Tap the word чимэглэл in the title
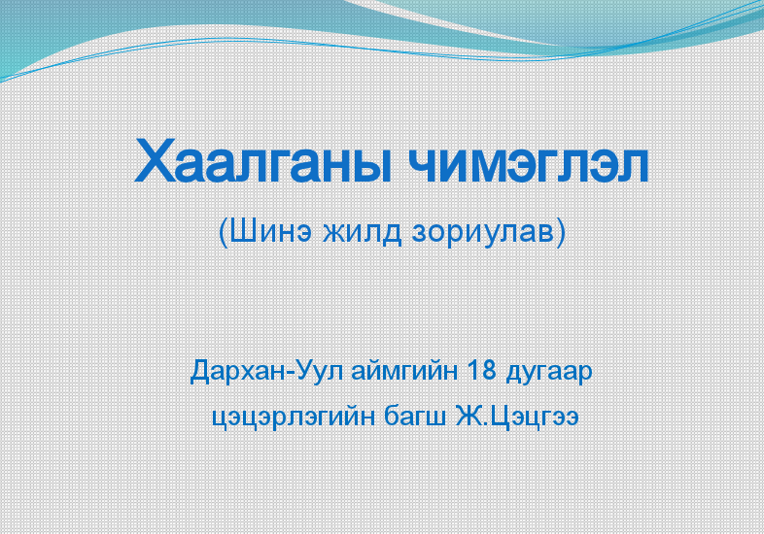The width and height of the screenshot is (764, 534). pos(529,164)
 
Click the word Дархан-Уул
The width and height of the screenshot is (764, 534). pos(266,372)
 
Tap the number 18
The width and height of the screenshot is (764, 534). pos(482,371)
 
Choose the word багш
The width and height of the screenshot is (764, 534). pos(415,418)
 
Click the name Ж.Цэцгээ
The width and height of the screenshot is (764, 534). pos(517,417)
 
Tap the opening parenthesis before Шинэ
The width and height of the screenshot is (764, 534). pos(224,233)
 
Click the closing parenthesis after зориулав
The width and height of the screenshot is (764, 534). pos(561,233)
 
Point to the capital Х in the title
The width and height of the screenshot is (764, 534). pos(155,160)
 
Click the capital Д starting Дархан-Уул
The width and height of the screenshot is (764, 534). pos(200,373)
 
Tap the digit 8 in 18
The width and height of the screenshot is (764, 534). pos(489,371)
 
